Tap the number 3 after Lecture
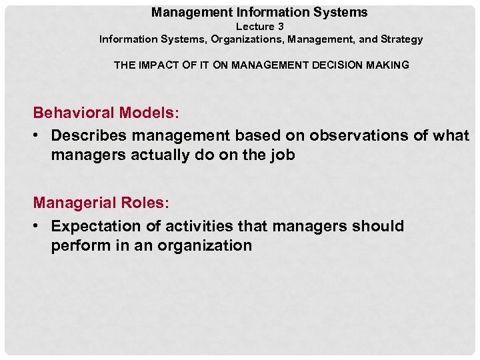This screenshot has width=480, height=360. pyautogui.click(x=281, y=27)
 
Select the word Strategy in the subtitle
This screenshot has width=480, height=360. pyautogui.click(x=402, y=39)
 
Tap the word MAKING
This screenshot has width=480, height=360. pyautogui.click(x=389, y=65)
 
